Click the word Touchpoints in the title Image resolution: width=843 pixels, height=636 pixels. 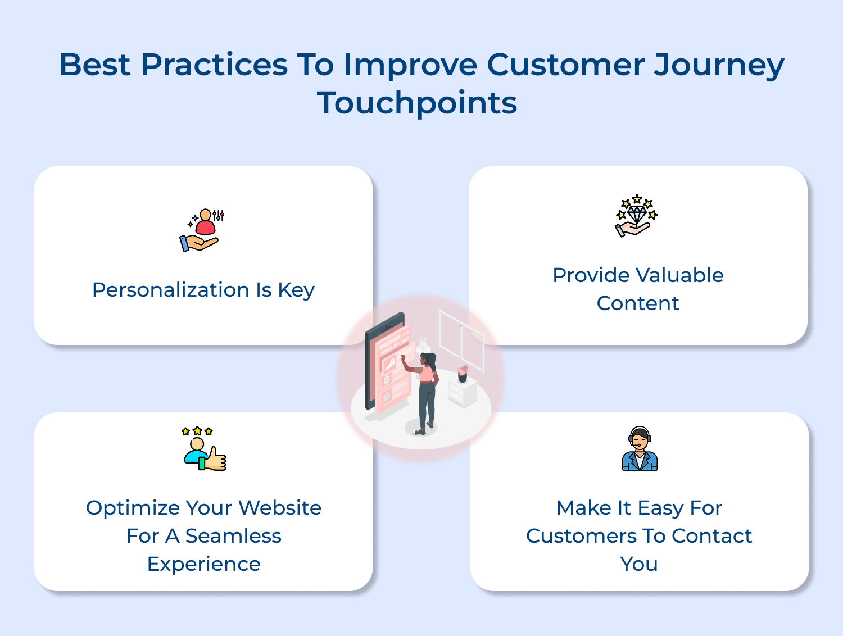point(417,103)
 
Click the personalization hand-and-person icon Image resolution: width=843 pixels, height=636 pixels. point(202,230)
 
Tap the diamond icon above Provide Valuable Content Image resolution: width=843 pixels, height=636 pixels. point(636,215)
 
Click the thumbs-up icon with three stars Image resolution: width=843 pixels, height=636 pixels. point(204,448)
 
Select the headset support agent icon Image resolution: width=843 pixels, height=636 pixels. point(640,448)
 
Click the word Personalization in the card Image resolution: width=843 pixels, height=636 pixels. point(171,289)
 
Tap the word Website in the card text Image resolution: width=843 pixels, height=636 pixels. point(279,507)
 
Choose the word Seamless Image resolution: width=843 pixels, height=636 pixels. point(233,535)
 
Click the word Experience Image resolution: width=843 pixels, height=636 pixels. point(204,564)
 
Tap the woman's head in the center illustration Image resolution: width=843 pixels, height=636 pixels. point(428,360)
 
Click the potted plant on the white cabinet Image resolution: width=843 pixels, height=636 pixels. point(463,374)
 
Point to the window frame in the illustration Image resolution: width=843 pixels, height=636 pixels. point(461,340)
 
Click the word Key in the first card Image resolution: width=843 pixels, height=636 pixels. point(296,290)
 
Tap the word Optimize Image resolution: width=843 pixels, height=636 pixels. point(133,508)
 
